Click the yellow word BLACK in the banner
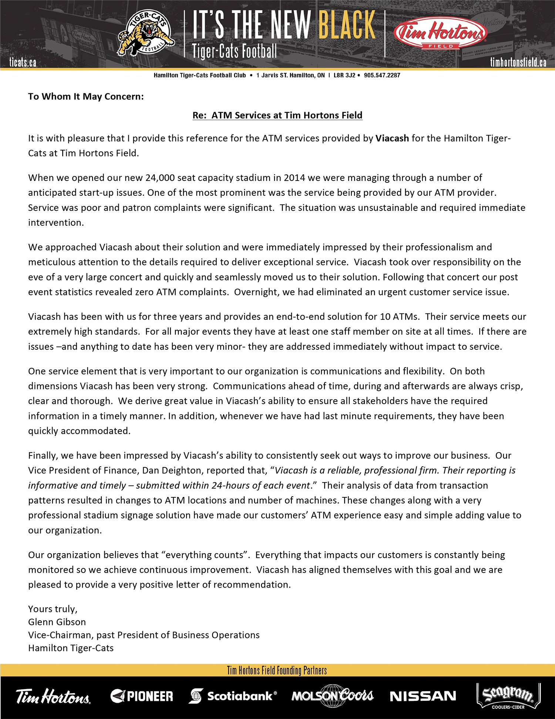tap(347, 25)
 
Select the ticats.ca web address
tap(23, 62)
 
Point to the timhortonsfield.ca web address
tap(518, 62)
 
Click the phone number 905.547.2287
tap(382, 75)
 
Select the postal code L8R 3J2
tap(344, 75)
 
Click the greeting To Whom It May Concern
tap(86, 97)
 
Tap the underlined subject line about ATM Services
tap(277, 115)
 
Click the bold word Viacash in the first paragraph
tap(392, 138)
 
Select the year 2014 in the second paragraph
tap(294, 178)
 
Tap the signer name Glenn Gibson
tap(57, 622)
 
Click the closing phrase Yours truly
tap(53, 609)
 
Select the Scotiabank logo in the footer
tap(233, 696)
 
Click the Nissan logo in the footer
tap(423, 696)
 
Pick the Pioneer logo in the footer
tap(142, 696)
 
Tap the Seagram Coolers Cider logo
tap(508, 696)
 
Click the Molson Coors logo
tap(332, 696)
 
